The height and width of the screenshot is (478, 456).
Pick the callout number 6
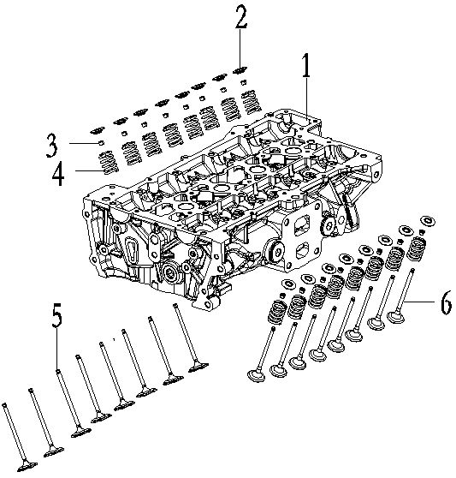(445, 302)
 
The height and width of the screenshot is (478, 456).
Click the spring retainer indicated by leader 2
(240, 71)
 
